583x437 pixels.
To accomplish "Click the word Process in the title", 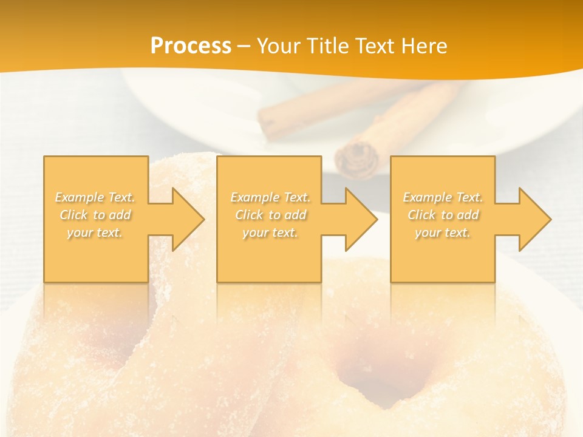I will coord(191,46).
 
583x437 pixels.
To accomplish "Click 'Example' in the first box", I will coord(80,197).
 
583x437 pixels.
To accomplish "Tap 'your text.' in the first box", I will coord(95,232).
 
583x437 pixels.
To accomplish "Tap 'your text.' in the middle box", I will coord(270,232).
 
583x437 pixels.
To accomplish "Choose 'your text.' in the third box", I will coord(443,232).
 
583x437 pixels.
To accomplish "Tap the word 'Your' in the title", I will coord(278,46).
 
